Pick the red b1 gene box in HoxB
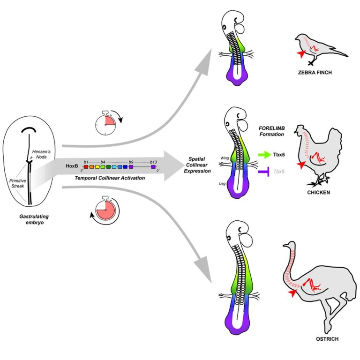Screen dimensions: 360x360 pos(86,166)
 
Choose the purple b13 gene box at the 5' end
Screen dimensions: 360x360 pos(153,166)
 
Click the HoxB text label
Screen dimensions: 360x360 pos(72,166)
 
